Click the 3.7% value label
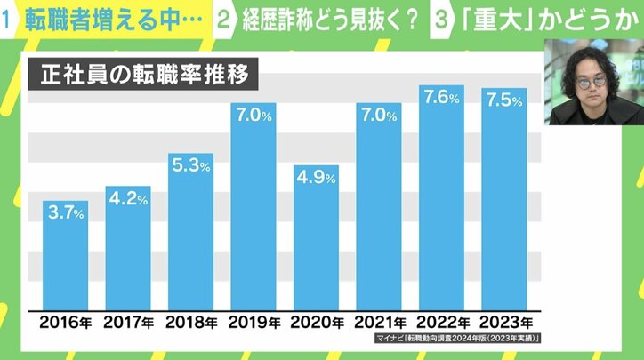(x=66, y=213)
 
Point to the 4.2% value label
(x=128, y=200)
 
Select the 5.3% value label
(x=190, y=167)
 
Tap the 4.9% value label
(x=316, y=178)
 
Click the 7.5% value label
(x=503, y=100)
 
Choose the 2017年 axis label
(x=128, y=322)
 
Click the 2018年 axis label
(x=190, y=322)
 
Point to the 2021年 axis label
(x=378, y=322)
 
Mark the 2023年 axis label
(x=503, y=322)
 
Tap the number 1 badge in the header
(x=12, y=20)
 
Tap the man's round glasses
(x=590, y=81)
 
